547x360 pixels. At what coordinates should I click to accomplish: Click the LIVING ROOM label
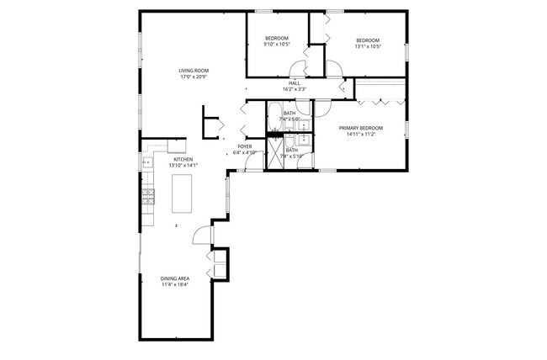(193, 71)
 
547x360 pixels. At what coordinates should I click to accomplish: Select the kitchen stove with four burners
(148, 199)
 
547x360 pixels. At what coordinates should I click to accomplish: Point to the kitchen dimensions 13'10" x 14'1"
(183, 166)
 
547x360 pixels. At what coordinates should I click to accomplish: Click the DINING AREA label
(175, 278)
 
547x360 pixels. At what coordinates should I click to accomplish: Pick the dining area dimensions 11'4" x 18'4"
(175, 285)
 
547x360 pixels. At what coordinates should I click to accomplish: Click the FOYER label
(245, 146)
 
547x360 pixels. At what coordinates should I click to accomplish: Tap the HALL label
(295, 82)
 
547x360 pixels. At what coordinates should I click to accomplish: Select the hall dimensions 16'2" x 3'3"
(295, 89)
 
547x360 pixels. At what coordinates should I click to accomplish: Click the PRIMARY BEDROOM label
(361, 128)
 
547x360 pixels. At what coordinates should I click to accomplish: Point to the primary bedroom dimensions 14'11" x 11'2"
(361, 135)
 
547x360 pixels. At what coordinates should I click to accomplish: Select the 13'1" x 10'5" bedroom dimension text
(368, 47)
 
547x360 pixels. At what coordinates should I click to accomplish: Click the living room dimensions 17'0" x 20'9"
(193, 77)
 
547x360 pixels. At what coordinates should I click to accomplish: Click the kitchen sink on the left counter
(147, 163)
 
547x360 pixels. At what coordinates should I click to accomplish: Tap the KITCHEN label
(183, 159)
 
